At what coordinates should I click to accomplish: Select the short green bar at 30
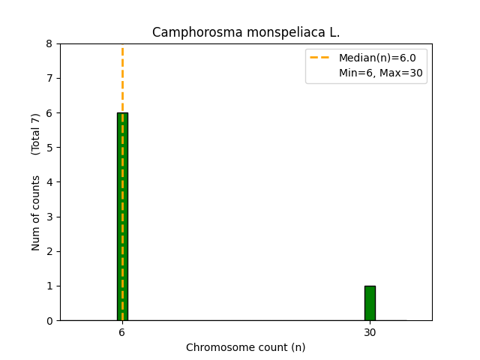[x=370, y=303]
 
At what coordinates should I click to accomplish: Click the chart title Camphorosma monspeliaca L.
[x=246, y=32]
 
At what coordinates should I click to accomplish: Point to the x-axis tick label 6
[x=122, y=332]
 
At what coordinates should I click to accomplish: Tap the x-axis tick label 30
[x=370, y=332]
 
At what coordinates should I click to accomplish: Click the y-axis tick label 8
[x=49, y=43]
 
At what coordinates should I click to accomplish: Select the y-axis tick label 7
[x=49, y=78]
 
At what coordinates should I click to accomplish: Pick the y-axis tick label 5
[x=49, y=148]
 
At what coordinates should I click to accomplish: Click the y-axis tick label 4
[x=49, y=182]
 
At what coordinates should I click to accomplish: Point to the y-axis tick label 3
[x=49, y=217]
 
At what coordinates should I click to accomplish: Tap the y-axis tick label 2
[x=49, y=251]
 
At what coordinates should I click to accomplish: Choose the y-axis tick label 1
[x=49, y=286]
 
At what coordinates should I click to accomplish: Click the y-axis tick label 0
[x=49, y=320]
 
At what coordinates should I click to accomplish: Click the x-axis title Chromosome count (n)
[x=246, y=347]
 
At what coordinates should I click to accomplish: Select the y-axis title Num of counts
[x=36, y=213]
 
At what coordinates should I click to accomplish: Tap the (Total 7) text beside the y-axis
[x=36, y=134]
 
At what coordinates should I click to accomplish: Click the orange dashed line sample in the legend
[x=320, y=58]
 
